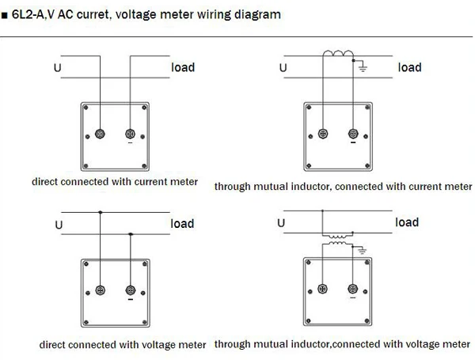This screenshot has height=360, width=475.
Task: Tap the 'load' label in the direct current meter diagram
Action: coord(183,67)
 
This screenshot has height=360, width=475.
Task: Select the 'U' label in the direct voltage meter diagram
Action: coord(58,225)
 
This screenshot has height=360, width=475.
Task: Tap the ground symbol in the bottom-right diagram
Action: coord(362,251)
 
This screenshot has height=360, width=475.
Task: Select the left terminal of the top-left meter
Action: coord(100,134)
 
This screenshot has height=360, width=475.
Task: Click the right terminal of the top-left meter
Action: coord(130,134)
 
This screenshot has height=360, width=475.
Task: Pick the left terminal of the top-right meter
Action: coord(323,133)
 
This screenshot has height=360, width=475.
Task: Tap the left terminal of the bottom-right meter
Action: coord(321,290)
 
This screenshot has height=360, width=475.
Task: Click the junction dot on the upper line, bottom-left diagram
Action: coord(100,213)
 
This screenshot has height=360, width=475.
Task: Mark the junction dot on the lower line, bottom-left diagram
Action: coord(130,233)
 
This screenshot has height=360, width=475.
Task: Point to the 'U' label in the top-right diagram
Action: coord(283,68)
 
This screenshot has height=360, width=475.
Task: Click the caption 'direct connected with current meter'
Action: coord(115,181)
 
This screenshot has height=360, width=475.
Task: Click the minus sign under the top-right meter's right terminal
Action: coord(351,145)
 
